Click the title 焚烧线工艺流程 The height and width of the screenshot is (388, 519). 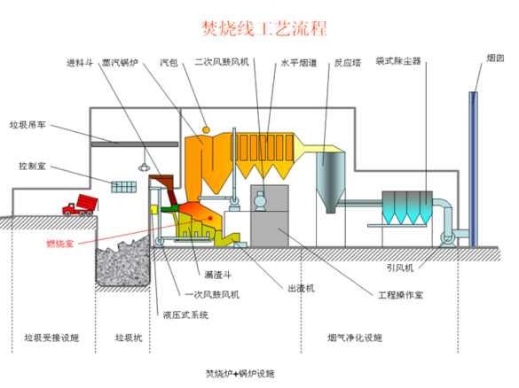pyautogui.click(x=264, y=28)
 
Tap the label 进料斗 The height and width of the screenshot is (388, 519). pyautogui.click(x=80, y=63)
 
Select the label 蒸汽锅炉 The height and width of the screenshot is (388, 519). pyautogui.click(x=120, y=63)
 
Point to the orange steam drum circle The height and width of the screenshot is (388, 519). pyautogui.click(x=206, y=129)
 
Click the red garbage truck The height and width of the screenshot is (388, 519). pyautogui.click(x=81, y=206)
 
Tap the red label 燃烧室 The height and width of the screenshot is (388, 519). pyautogui.click(x=60, y=244)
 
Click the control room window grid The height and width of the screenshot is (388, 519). pyautogui.click(x=124, y=187)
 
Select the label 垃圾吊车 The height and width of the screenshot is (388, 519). pyautogui.click(x=28, y=125)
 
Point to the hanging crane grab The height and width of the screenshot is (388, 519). pyautogui.click(x=144, y=167)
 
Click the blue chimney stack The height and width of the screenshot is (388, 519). pyautogui.click(x=474, y=169)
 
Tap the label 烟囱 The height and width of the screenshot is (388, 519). pyautogui.click(x=495, y=58)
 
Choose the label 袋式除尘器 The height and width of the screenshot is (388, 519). pyautogui.click(x=398, y=61)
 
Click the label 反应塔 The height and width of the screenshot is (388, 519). pyautogui.click(x=347, y=63)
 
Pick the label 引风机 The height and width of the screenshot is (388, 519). pyautogui.click(x=400, y=268)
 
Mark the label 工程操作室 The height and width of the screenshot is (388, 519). pyautogui.click(x=400, y=294)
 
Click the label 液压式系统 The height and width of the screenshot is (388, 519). pyautogui.click(x=185, y=315)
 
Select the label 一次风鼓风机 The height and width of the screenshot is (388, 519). pyautogui.click(x=212, y=294)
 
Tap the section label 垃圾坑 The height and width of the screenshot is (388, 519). pyautogui.click(x=129, y=338)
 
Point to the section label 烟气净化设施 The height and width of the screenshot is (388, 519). pyautogui.click(x=355, y=338)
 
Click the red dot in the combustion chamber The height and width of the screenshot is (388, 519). pyautogui.click(x=210, y=218)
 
